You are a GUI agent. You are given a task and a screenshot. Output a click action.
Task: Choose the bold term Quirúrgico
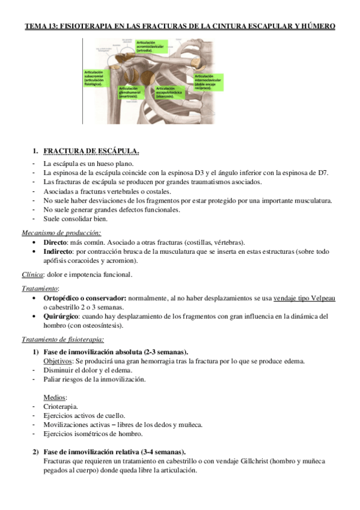63,316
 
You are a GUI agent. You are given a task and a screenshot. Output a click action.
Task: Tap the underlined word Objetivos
58,361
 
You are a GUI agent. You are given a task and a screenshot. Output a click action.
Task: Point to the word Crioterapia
61,407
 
